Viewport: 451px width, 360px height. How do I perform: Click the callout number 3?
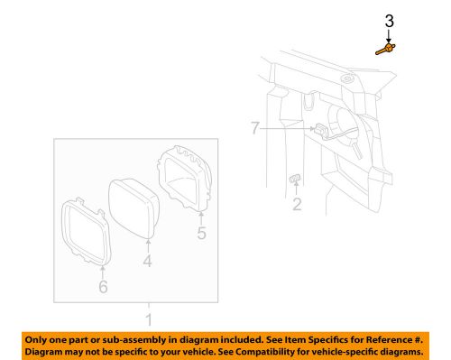(x=389, y=20)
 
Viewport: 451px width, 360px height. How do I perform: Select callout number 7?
(x=256, y=130)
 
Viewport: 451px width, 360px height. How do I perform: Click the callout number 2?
(x=297, y=204)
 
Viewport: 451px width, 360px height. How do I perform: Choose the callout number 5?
(x=201, y=234)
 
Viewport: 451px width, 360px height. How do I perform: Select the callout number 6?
(x=102, y=286)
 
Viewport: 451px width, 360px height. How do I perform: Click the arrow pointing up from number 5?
(x=201, y=217)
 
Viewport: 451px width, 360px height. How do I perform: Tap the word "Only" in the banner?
(x=40, y=337)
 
